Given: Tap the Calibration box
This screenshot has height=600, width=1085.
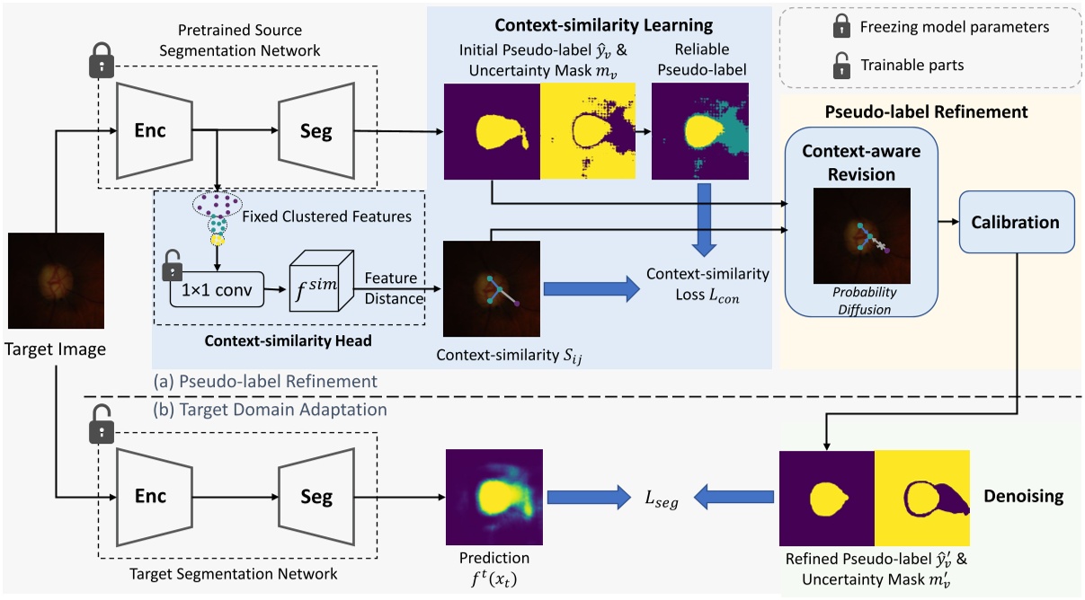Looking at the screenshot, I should point(1015,222).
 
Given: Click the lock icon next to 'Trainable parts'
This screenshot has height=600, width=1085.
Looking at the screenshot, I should point(842,65).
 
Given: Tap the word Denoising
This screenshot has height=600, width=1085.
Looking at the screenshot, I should point(1022,495).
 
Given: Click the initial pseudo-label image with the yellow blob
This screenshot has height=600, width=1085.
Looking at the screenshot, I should point(492,134).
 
